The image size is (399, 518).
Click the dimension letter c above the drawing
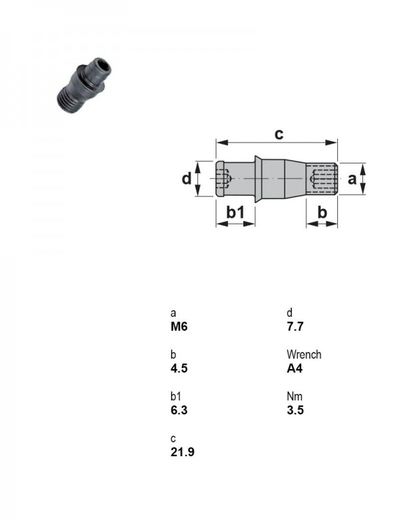(279, 134)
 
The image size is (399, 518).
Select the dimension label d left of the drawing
(187, 179)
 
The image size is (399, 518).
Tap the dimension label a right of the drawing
(352, 179)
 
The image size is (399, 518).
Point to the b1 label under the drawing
(235, 212)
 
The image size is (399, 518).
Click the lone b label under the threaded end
(322, 212)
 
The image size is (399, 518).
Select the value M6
(179, 326)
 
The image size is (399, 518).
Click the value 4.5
(179, 368)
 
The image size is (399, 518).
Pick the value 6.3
(179, 410)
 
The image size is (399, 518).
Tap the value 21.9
(183, 452)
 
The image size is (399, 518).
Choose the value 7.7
(295, 326)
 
